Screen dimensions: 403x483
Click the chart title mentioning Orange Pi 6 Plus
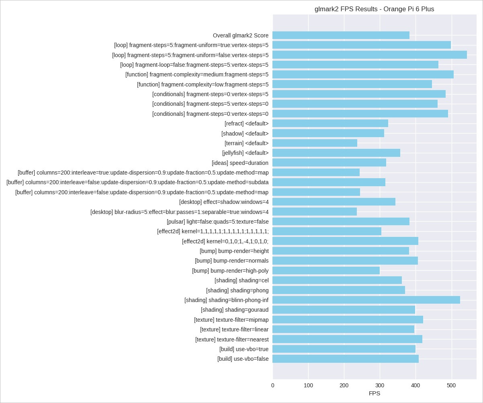click(374, 9)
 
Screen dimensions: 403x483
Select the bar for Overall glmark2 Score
click(341, 35)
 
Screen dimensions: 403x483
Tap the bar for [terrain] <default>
click(315, 143)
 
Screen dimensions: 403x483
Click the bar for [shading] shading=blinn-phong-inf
click(366, 300)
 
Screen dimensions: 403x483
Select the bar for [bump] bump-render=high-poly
click(326, 271)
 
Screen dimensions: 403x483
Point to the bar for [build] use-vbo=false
click(346, 359)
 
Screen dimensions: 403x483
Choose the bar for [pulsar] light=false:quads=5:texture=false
click(341, 222)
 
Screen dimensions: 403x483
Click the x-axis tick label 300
click(380, 386)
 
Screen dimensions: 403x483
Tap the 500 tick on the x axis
click(451, 386)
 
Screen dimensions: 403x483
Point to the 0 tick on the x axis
click(273, 386)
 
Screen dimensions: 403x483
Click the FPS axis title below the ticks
click(374, 394)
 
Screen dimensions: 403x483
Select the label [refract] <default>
click(246, 123)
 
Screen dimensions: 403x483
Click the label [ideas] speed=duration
click(240, 163)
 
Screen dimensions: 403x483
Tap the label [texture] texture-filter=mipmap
click(231, 320)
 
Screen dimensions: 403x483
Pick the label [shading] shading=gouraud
click(235, 310)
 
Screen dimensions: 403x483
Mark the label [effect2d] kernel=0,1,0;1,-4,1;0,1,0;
click(225, 241)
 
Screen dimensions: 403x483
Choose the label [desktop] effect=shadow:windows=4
click(224, 202)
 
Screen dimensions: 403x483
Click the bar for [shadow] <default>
click(328, 134)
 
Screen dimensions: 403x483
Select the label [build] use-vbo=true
click(244, 349)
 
